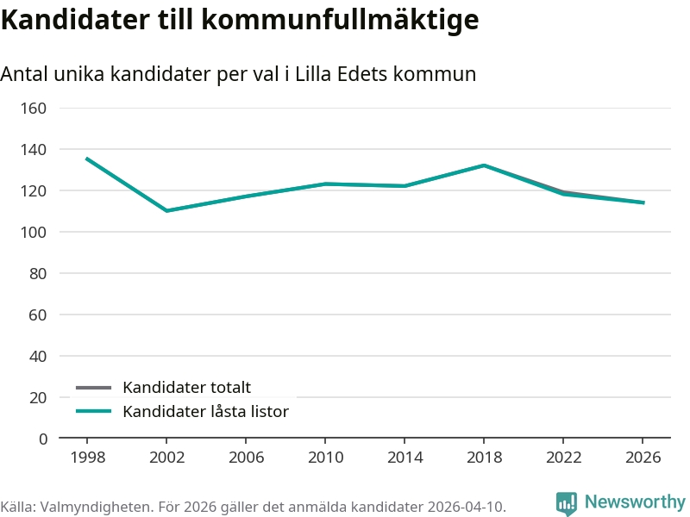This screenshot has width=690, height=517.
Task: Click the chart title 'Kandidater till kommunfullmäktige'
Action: click(x=240, y=21)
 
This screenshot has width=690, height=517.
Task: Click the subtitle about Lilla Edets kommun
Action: click(x=238, y=75)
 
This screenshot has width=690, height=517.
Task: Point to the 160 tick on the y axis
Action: click(x=34, y=108)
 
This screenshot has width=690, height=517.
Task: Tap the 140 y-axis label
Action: click(x=34, y=149)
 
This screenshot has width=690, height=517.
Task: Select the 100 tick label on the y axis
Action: click(x=34, y=232)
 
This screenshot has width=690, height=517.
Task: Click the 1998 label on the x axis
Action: click(x=87, y=457)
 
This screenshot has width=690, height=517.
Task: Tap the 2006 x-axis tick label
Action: click(x=246, y=457)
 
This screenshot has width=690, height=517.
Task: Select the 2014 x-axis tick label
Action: click(x=405, y=457)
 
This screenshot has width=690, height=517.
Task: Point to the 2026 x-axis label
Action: click(x=643, y=457)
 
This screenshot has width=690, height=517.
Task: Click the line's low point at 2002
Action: click(x=166, y=210)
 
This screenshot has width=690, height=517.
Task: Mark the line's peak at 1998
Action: click(x=87, y=159)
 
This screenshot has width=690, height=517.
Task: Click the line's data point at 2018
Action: click(x=484, y=165)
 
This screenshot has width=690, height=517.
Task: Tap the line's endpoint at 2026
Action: click(x=643, y=202)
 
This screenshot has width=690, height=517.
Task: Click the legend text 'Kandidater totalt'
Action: click(x=186, y=388)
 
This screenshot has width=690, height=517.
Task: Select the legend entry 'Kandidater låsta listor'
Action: click(x=205, y=412)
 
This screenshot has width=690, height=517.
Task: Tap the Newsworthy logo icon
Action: click(x=567, y=503)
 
